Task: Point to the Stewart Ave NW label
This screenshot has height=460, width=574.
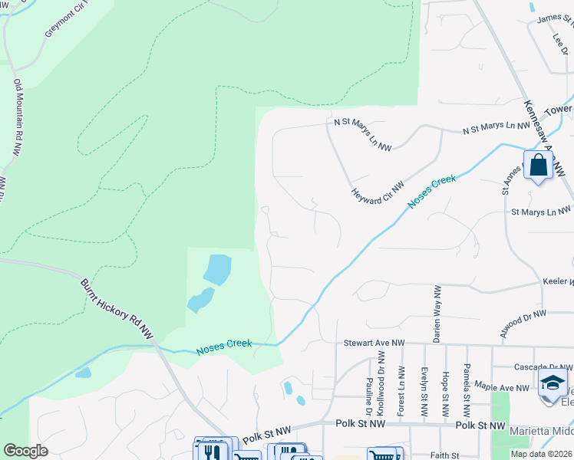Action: pos(374,343)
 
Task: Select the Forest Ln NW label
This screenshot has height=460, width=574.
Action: pos(401,391)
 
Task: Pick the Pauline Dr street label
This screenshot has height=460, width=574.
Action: pos(369,391)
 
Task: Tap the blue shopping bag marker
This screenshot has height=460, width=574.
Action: pos(538,165)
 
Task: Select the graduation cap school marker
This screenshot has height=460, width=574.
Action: pos(553,383)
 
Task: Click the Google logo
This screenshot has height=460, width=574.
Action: pos(25,451)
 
